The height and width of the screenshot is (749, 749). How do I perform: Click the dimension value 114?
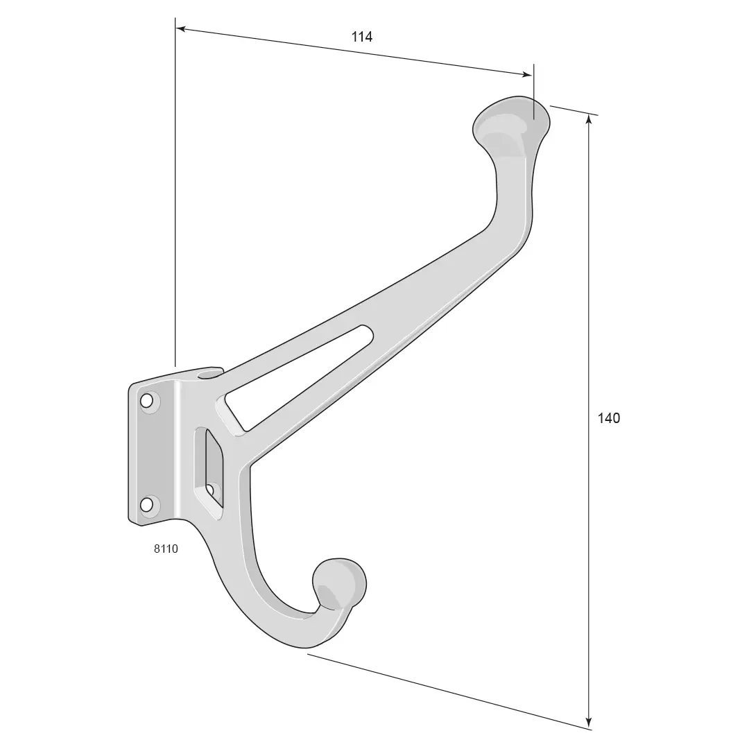pos(361,37)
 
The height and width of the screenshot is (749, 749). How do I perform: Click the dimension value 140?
pos(609,418)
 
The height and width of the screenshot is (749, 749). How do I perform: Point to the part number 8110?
pos(166,549)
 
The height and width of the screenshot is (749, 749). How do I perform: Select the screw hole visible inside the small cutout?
pos(210,489)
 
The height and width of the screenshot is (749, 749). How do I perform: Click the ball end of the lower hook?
pos(339,584)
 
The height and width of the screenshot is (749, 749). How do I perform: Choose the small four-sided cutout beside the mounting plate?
pos(214,467)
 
